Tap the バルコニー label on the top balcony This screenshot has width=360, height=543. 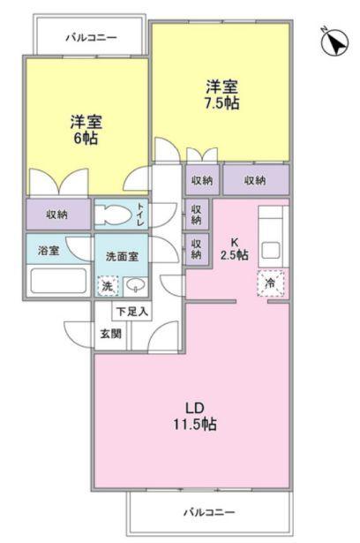92,37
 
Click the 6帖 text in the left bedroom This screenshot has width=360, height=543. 85,140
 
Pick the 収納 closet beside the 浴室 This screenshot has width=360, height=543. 57,214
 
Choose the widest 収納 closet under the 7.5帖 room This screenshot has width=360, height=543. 255,180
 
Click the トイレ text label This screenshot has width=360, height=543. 139,214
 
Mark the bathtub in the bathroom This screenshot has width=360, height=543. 57,282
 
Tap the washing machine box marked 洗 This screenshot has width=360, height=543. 108,286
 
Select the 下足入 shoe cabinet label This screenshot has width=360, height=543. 131,312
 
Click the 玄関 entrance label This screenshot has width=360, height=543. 110,334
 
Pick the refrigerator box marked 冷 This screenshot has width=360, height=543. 269,283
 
